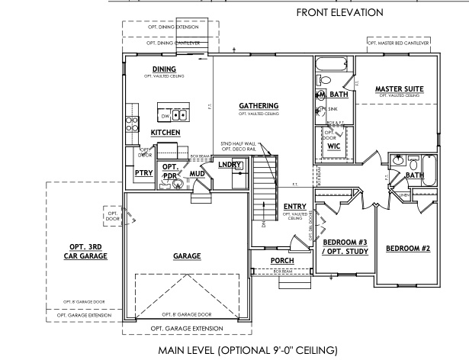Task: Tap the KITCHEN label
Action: [165, 133]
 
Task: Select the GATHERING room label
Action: [259, 105]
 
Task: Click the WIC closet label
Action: [333, 145]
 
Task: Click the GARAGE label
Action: [187, 256]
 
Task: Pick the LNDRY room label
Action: [230, 165]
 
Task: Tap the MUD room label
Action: [197, 174]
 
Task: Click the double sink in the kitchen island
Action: [179, 115]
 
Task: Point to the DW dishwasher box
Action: [165, 116]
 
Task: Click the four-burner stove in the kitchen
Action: [131, 124]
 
